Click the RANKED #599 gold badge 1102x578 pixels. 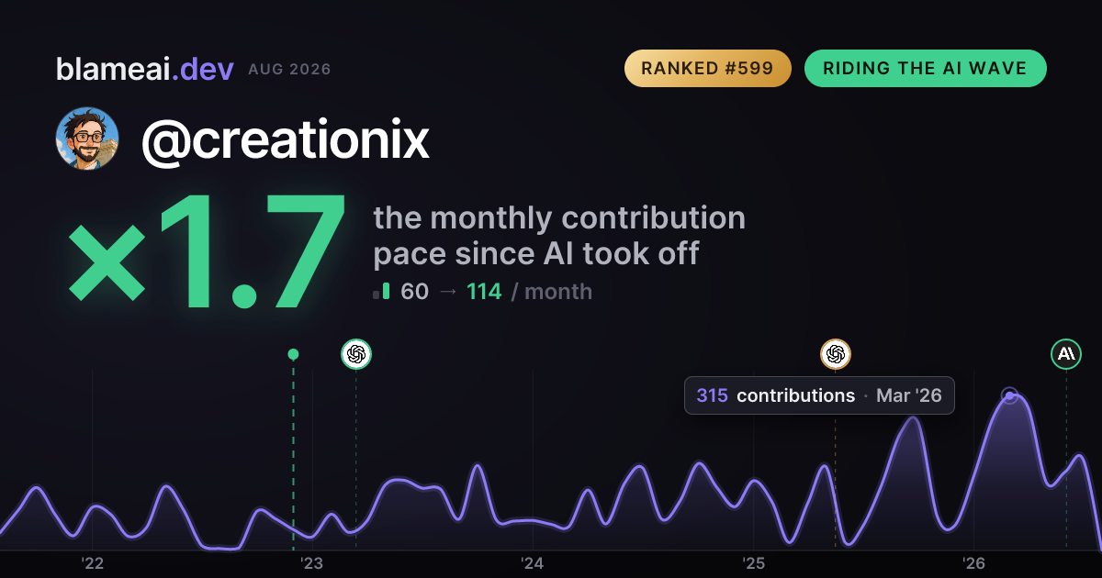[x=707, y=68]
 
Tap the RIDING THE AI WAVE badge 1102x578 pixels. [x=925, y=68]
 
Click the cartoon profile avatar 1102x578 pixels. [x=87, y=139]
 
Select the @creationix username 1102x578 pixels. [x=286, y=139]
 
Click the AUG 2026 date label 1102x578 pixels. [x=290, y=70]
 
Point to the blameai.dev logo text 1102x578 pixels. [x=145, y=69]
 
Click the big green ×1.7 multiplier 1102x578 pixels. [x=207, y=250]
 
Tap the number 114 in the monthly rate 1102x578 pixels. [x=484, y=292]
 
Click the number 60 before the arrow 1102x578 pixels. [x=415, y=292]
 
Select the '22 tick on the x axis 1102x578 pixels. [x=92, y=563]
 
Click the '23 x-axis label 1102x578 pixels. [x=312, y=563]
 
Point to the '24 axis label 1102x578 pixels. [x=533, y=563]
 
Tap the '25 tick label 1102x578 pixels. [x=753, y=563]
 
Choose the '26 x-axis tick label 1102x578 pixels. [x=973, y=563]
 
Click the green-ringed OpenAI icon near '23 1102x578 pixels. [x=356, y=354]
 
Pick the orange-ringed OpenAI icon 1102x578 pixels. [x=836, y=354]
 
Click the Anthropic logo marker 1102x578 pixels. [x=1066, y=354]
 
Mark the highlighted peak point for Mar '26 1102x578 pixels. [x=1009, y=395]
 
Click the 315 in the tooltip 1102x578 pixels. [x=712, y=395]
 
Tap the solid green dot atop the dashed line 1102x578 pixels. [x=293, y=354]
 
